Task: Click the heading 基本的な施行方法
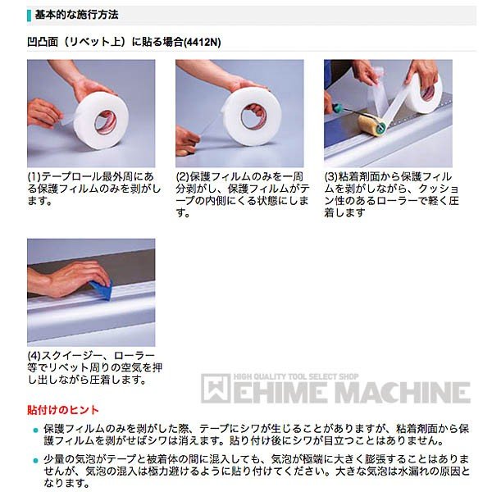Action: pyautogui.click(x=76, y=15)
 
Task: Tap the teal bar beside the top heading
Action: pyautogui.click(x=30, y=16)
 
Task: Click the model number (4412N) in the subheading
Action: pyautogui.click(x=203, y=42)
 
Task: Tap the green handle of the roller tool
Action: pyautogui.click(x=338, y=107)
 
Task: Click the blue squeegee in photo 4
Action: pyautogui.click(x=102, y=289)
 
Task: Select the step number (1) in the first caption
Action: pyautogui.click(x=34, y=177)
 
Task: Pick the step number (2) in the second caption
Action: pyautogui.click(x=183, y=177)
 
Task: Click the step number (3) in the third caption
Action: pyautogui.click(x=331, y=177)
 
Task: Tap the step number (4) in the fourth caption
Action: pyautogui.click(x=34, y=356)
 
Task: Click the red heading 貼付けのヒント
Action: pyautogui.click(x=63, y=410)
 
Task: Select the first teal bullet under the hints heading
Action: pyautogui.click(x=35, y=430)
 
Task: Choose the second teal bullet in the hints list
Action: pyautogui.click(x=35, y=461)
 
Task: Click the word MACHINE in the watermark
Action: pyautogui.click(x=403, y=392)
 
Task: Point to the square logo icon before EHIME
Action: pyautogui.click(x=215, y=388)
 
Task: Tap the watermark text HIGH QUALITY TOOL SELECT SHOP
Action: pyautogui.click(x=295, y=377)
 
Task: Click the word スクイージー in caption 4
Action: pyautogui.click(x=72, y=356)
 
